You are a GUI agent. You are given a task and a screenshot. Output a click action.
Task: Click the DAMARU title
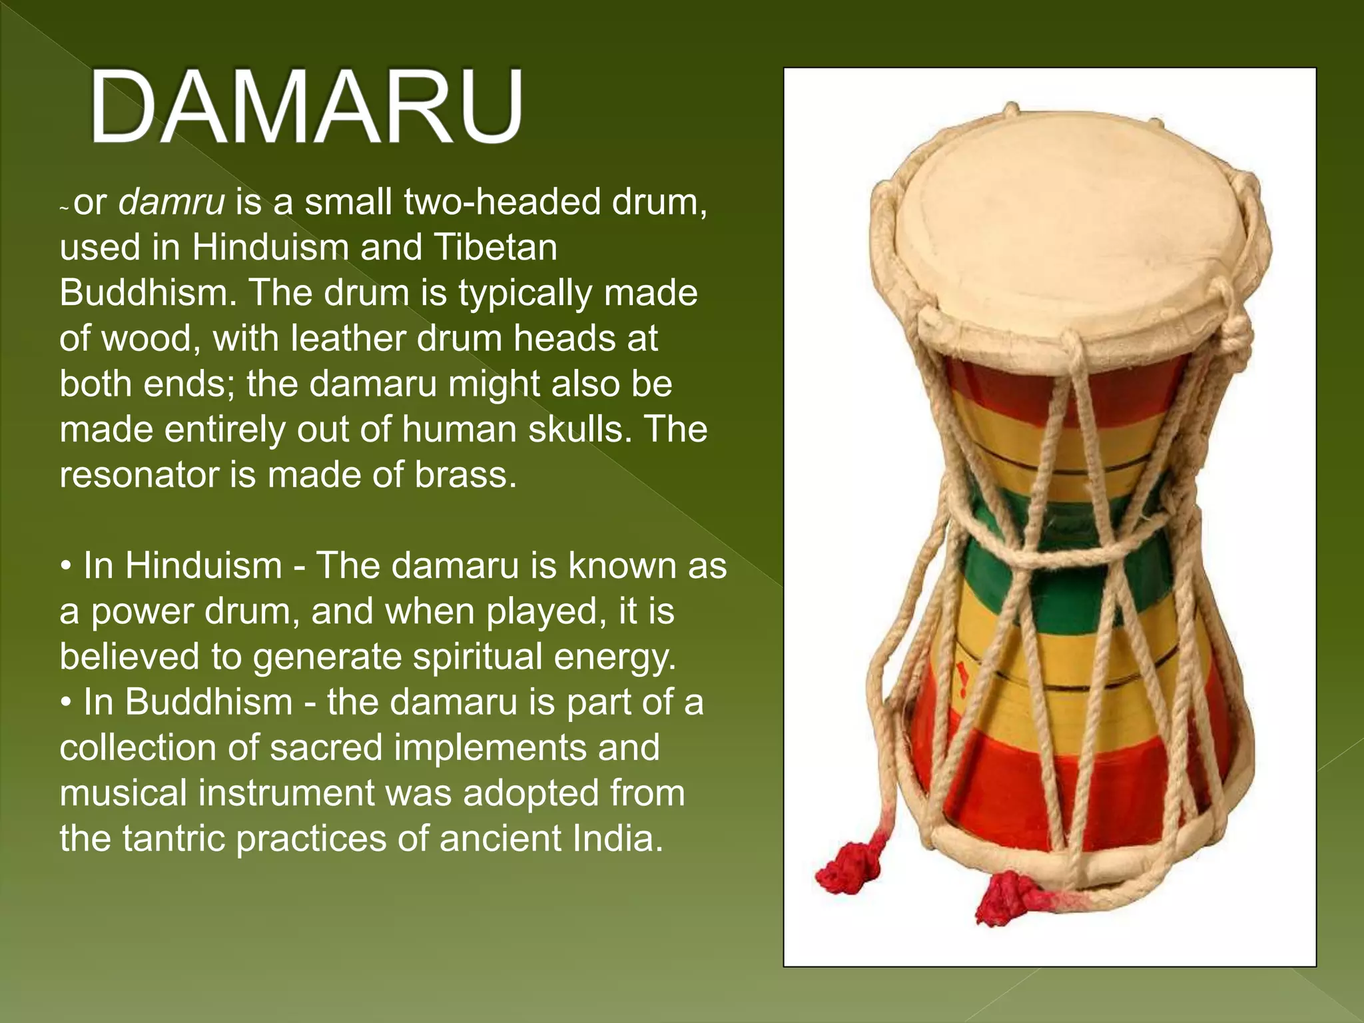click(306, 107)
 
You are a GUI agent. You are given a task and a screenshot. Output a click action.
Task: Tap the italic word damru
click(171, 202)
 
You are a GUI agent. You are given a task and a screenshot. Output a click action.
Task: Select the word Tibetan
click(496, 248)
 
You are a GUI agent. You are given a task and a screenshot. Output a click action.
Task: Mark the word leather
click(348, 339)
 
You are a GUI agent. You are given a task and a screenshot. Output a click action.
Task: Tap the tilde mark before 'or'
click(64, 209)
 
